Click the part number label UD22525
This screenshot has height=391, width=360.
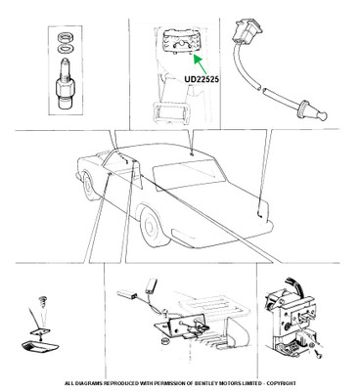(x=202, y=79)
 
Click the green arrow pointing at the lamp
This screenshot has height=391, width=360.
(x=201, y=65)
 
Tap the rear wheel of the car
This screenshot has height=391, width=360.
(x=153, y=227)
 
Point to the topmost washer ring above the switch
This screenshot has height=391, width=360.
(x=65, y=37)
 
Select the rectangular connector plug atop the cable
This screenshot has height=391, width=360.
(x=247, y=31)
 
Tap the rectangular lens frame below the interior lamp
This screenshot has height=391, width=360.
(x=172, y=112)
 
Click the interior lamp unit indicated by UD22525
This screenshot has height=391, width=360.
(x=181, y=41)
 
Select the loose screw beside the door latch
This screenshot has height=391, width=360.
(x=319, y=353)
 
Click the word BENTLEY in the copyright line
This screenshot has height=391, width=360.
(x=204, y=383)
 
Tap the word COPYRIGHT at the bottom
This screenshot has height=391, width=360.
(x=283, y=383)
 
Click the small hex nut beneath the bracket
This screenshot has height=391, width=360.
(x=165, y=341)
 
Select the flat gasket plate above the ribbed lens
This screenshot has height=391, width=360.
(x=40, y=331)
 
